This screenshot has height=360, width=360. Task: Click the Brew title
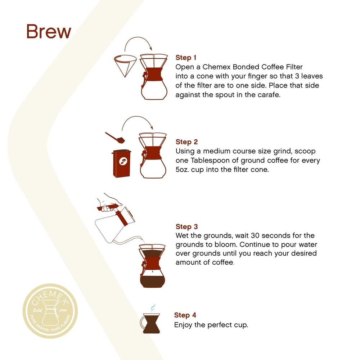point(48,32)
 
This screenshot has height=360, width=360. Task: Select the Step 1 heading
point(186,58)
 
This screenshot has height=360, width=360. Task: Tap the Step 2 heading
point(186,142)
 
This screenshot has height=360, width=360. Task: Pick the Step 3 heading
point(186,227)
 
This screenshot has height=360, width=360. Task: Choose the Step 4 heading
point(185,315)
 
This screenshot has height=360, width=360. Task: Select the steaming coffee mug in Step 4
point(152,323)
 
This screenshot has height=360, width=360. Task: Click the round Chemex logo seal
point(50,311)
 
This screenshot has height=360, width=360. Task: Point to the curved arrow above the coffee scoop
point(137,121)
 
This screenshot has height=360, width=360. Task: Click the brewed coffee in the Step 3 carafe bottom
point(153,281)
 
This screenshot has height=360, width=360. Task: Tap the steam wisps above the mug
point(153,307)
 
